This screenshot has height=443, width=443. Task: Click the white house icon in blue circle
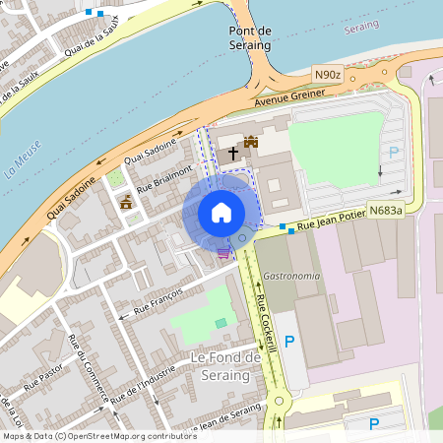point(221,213)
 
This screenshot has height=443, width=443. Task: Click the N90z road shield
point(328,75)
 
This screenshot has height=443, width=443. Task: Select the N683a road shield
point(385,210)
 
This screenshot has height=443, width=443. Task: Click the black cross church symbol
point(233,154)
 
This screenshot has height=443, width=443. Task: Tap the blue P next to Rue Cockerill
point(289,342)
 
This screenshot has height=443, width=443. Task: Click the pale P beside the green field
point(394,153)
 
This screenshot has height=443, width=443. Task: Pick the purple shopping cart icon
point(224,252)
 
